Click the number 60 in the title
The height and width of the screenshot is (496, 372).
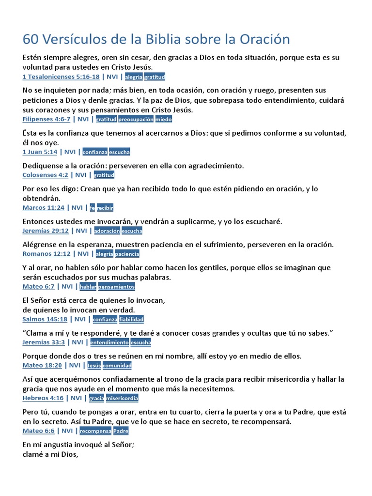30,39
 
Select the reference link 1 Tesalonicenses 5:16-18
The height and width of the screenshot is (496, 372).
61,77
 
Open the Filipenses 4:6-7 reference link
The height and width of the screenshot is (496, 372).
46,119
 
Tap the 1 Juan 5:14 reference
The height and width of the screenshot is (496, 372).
40,152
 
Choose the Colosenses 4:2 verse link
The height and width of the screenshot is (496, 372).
46,175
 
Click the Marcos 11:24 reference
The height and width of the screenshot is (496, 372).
44,208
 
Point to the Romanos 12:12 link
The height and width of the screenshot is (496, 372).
46,254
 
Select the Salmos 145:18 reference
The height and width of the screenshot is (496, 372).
45,319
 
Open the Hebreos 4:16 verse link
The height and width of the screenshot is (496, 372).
43,398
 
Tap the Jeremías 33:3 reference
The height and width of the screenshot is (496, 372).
44,342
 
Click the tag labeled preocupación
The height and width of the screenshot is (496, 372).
136,119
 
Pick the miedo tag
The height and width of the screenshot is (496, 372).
164,119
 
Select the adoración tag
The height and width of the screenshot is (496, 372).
107,231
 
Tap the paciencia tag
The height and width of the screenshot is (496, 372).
127,254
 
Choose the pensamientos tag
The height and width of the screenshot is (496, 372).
117,287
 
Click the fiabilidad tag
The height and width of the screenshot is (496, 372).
131,319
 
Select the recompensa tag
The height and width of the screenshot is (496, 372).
95,431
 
